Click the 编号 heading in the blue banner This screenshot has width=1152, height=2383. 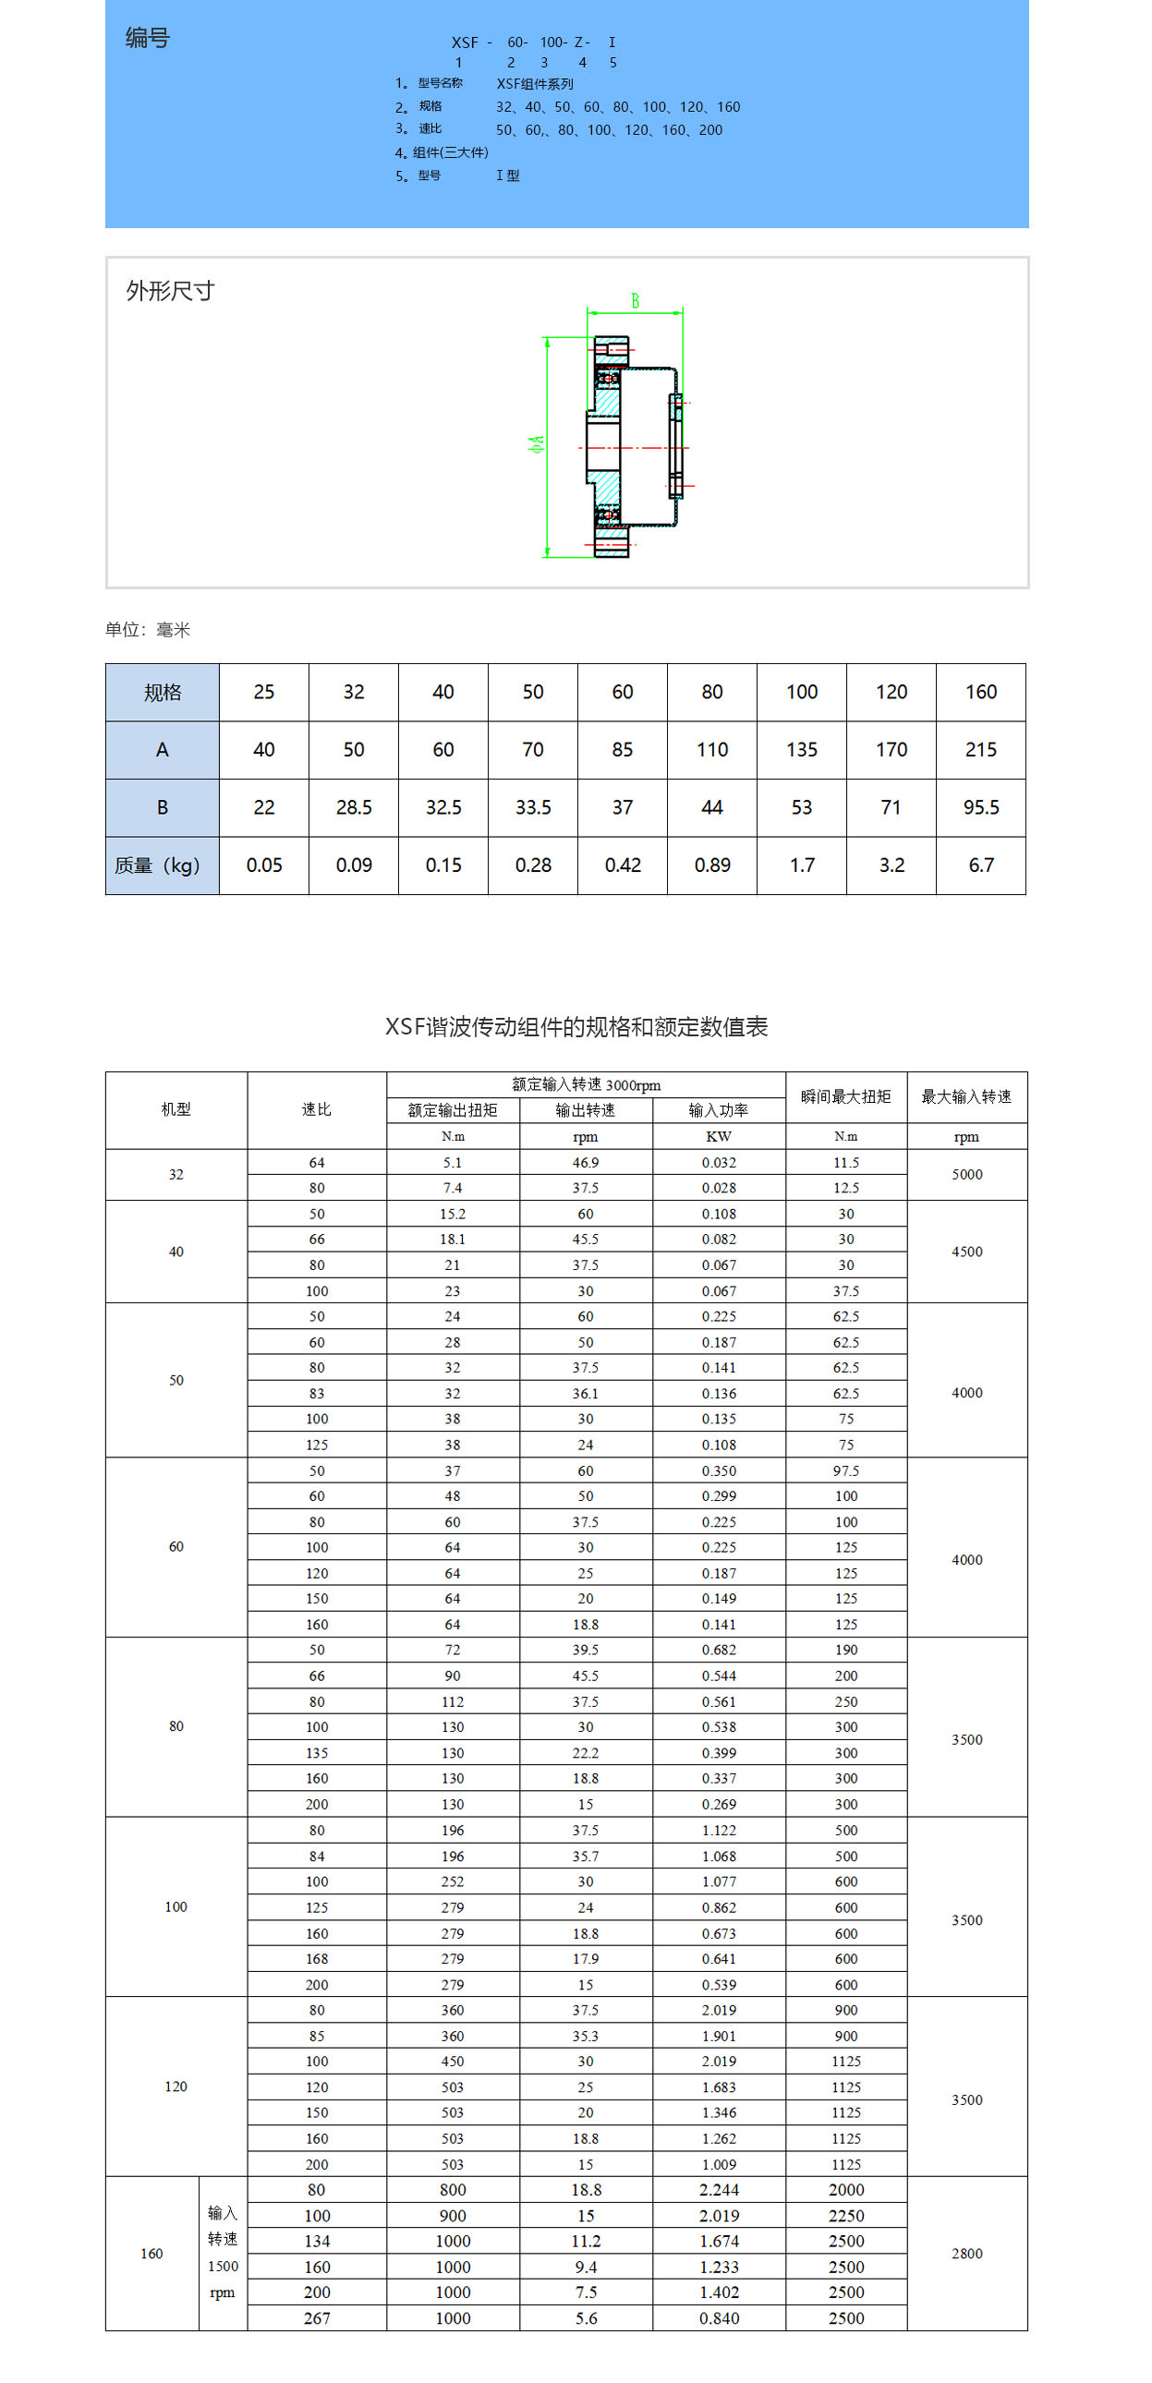tap(148, 38)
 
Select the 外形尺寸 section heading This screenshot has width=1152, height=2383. tap(170, 291)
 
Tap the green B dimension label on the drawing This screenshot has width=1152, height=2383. tap(635, 301)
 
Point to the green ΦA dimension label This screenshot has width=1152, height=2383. tap(536, 445)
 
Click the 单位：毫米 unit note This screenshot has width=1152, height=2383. tap(148, 630)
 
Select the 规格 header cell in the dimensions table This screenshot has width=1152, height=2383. tap(162, 692)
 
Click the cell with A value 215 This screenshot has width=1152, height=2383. tap(981, 750)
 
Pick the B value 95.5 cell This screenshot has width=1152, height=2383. tap(981, 807)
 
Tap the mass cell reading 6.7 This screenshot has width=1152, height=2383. tap(981, 865)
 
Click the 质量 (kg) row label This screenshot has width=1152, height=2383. tap(158, 865)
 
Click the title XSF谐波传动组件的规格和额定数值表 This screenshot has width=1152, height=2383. tap(576, 1027)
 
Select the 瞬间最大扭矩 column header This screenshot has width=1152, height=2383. tap(845, 1097)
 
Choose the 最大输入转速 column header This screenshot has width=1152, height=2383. tap(966, 1097)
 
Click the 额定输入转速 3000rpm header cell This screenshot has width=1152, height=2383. tap(586, 1085)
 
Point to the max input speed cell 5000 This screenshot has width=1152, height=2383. tap(967, 1175)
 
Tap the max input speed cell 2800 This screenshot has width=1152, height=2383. tap(967, 2254)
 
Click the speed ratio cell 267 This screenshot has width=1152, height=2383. tap(317, 2318)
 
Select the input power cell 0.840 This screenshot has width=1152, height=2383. tap(719, 2318)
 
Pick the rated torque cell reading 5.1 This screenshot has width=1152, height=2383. tap(453, 1163)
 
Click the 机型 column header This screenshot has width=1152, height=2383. tap(176, 1109)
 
